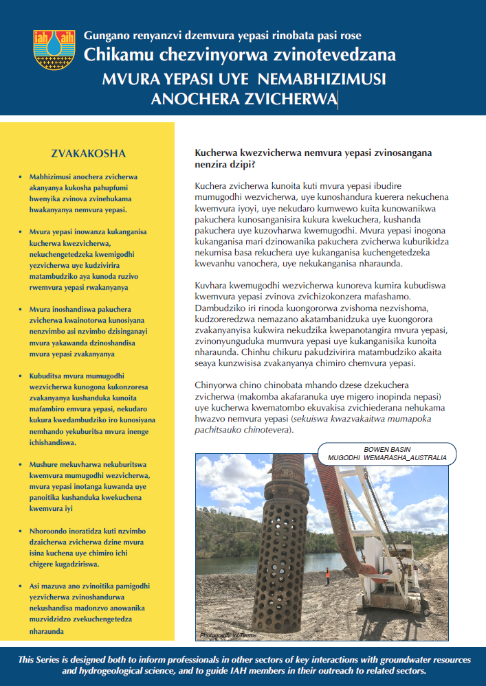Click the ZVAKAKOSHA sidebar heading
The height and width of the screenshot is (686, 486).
click(x=89, y=152)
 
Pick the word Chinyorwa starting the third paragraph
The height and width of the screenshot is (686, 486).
click(x=220, y=385)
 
